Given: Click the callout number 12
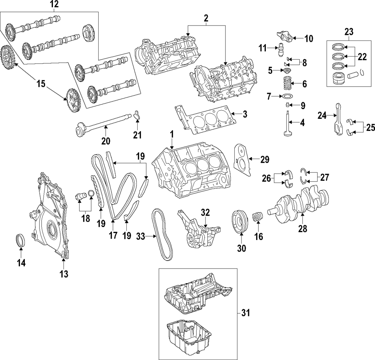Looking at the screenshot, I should pos(55,4).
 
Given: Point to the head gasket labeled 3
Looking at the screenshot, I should pos(206,120).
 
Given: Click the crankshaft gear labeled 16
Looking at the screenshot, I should pos(258,217).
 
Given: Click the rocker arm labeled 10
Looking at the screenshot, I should pos(284,38).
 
